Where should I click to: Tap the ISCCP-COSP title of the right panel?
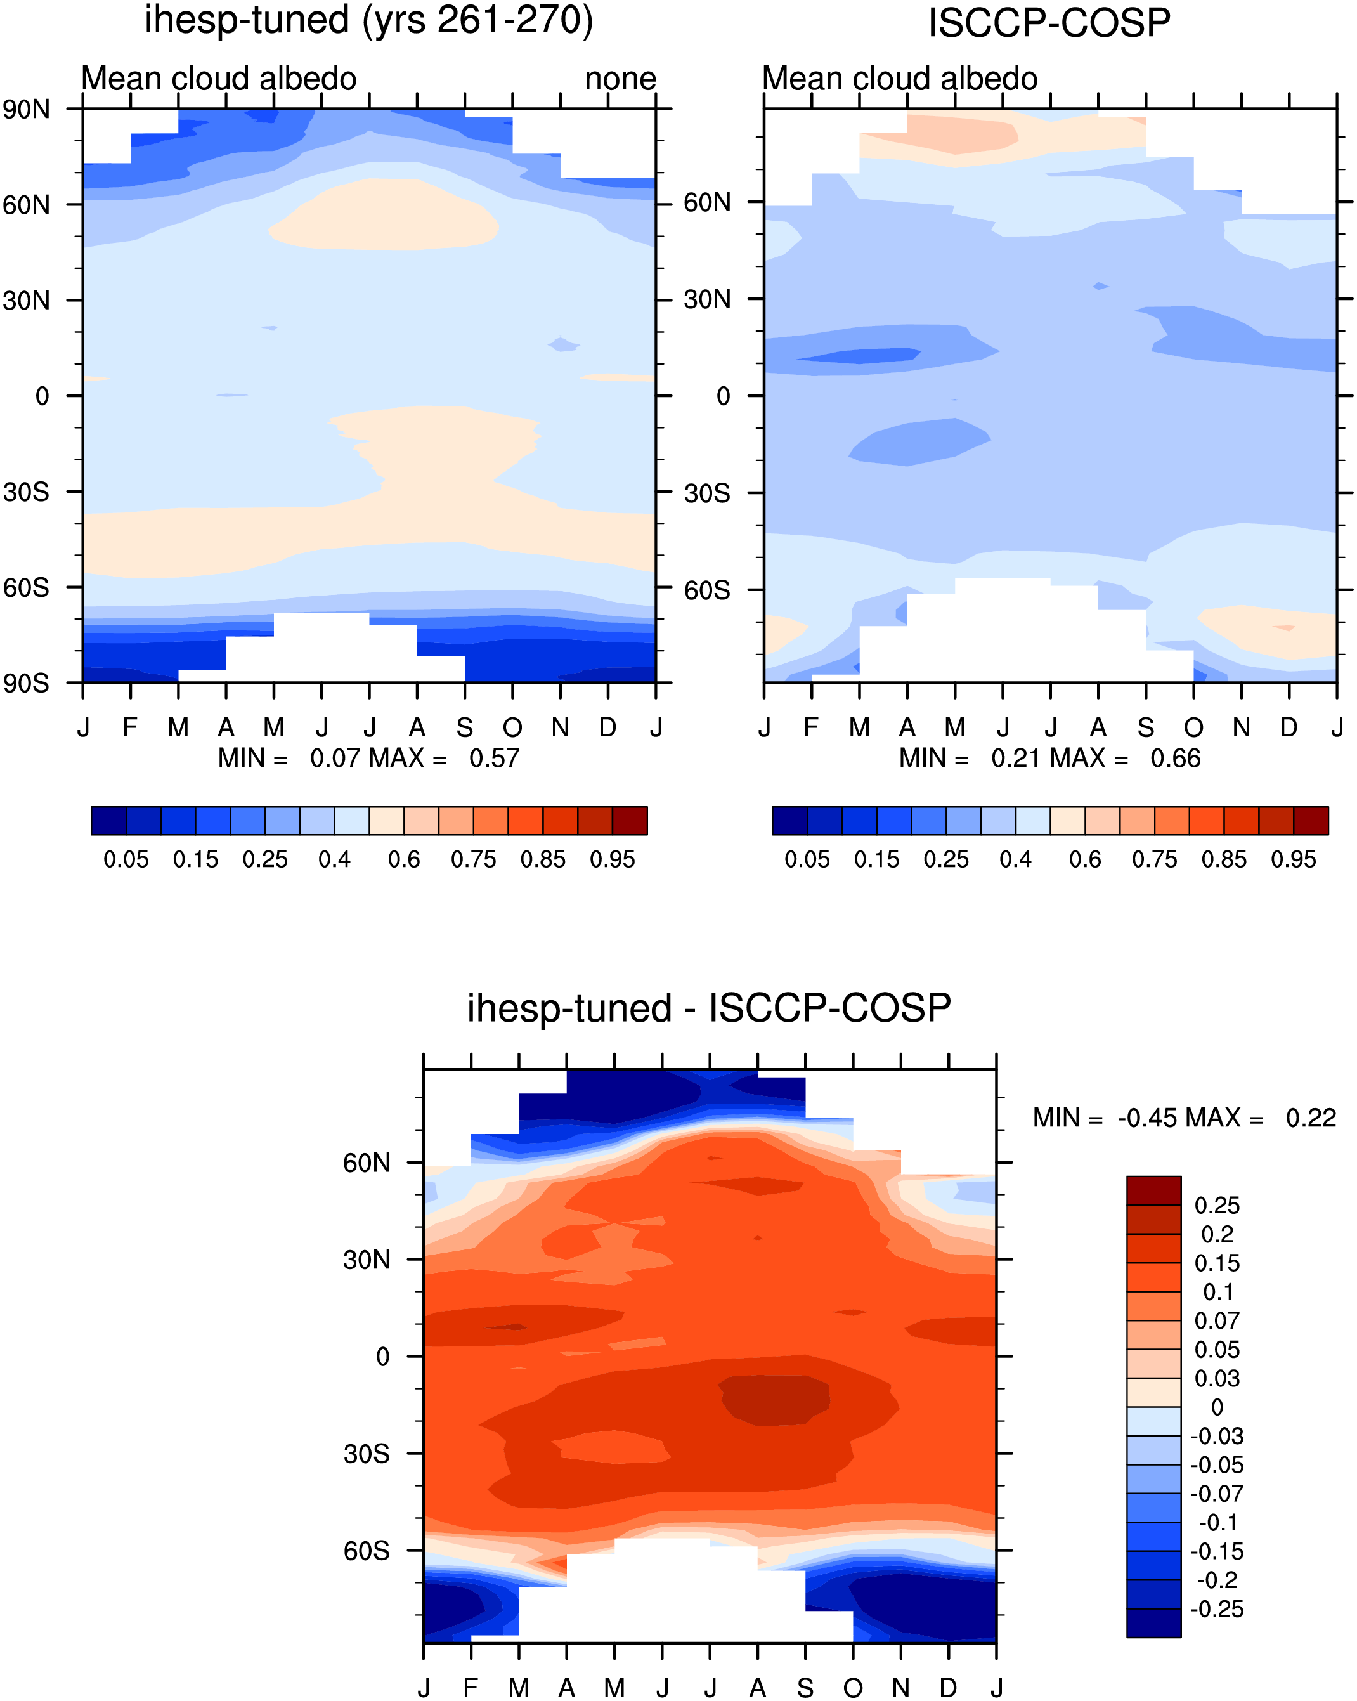coord(1049,23)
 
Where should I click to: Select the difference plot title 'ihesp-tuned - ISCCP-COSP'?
coord(708,1008)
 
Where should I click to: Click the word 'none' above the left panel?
coord(620,79)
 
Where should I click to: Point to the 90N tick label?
coord(26,109)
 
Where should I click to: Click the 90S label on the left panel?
coord(26,683)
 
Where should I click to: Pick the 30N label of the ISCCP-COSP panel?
coord(707,299)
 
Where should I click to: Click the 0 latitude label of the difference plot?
coord(382,1356)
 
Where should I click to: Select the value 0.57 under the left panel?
coord(494,758)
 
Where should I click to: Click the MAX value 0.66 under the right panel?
coord(1175,758)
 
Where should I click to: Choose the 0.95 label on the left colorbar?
coord(612,859)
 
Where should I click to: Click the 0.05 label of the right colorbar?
coord(807,859)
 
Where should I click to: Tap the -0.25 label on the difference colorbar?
coord(1217,1608)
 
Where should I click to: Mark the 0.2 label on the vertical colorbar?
coord(1217,1234)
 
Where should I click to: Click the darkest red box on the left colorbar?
coord(630,821)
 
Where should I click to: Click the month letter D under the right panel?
coord(1289,727)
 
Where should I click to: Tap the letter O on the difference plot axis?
coord(853,1688)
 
